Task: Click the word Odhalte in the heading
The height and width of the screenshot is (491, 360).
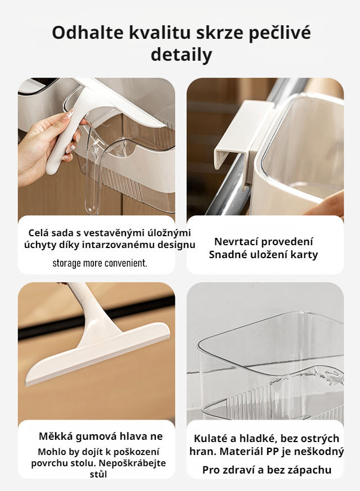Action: (85, 33)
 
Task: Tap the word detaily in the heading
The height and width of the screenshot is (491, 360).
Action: (181, 55)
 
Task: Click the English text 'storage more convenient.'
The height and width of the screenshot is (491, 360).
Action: (100, 263)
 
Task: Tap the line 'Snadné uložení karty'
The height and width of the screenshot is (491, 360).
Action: (263, 255)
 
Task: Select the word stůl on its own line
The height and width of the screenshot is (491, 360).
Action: (98, 474)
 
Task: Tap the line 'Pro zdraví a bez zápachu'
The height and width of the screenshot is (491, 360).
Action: (267, 470)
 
